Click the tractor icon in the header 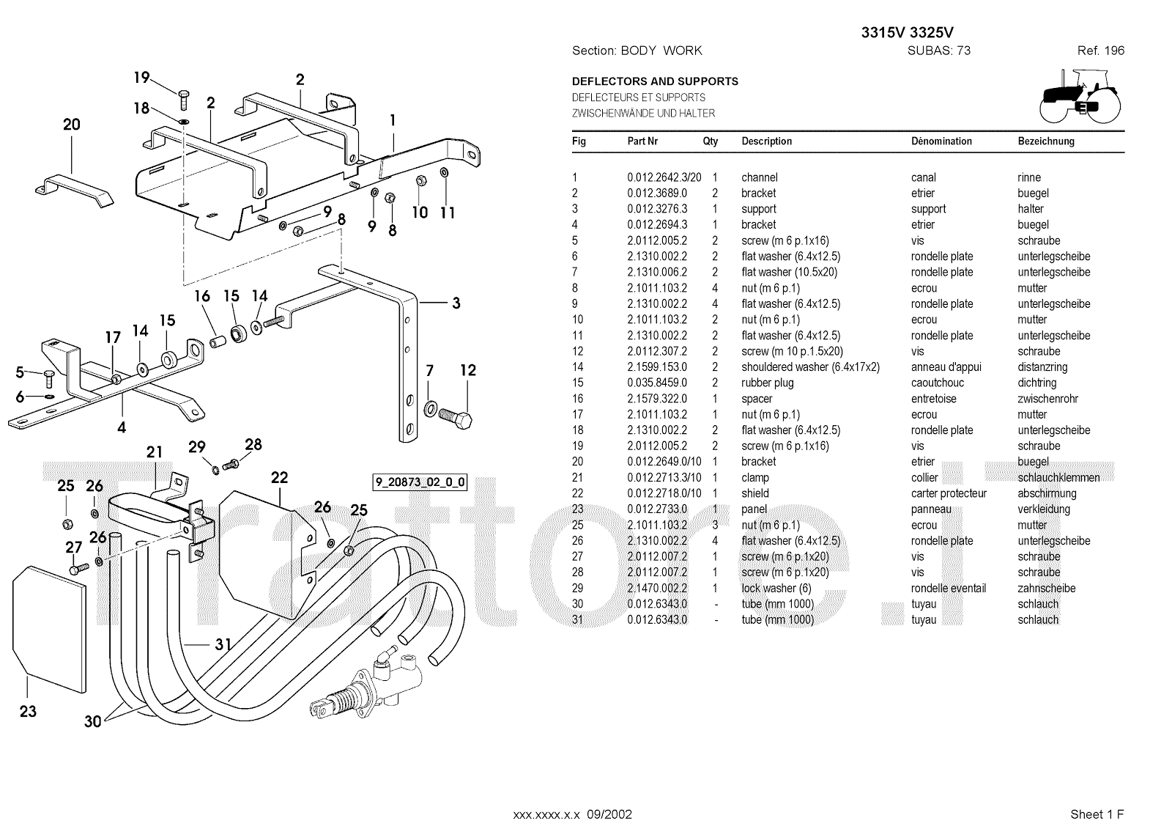click(x=1080, y=96)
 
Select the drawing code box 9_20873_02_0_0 click(x=420, y=482)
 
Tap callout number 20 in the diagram click(x=72, y=125)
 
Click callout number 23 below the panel click(x=29, y=711)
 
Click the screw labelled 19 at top click(x=183, y=100)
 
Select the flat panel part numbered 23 click(x=49, y=629)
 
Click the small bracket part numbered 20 click(x=74, y=191)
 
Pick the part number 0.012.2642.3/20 click(x=664, y=177)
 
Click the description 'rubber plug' click(x=767, y=383)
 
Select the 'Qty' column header click(x=710, y=141)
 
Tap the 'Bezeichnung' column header click(x=1046, y=141)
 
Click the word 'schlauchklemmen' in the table click(x=1058, y=478)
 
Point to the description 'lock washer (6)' click(x=776, y=588)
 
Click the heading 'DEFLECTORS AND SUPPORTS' click(x=655, y=81)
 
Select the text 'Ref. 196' click(x=1101, y=51)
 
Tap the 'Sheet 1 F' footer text click(x=1097, y=814)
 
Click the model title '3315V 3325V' click(x=908, y=32)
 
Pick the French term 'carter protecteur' click(x=949, y=493)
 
